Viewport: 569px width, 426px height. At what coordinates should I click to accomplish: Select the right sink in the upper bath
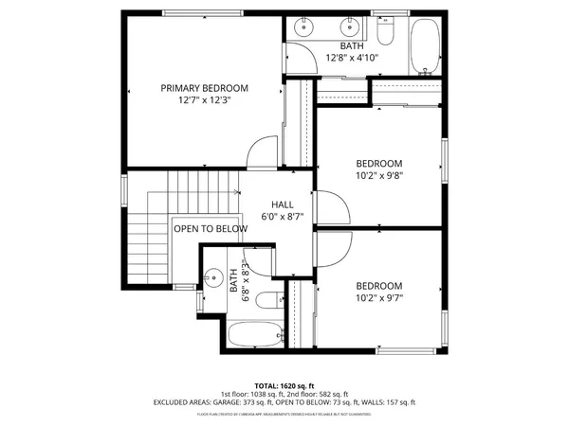click(x=351, y=25)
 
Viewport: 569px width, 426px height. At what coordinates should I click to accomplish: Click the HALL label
click(x=282, y=204)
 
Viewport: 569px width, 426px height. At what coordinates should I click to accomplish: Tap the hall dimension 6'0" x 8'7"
click(x=282, y=217)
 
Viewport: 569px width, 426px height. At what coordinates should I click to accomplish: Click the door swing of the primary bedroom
click(x=264, y=151)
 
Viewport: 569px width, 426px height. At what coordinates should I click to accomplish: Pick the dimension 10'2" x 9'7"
click(x=379, y=299)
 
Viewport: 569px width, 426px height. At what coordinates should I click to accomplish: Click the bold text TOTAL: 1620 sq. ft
click(x=284, y=386)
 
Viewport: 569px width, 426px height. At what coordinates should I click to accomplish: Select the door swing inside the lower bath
click(x=258, y=260)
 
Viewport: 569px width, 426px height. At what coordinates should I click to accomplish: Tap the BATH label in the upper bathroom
click(x=352, y=45)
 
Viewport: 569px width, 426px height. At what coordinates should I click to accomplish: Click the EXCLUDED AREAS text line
click(x=284, y=402)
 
